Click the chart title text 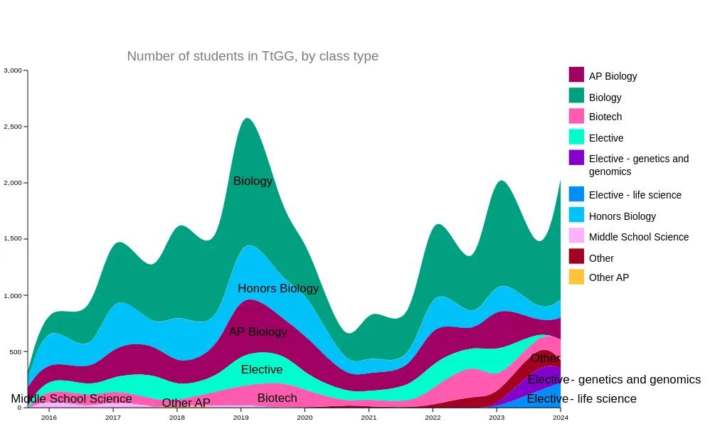coord(253,56)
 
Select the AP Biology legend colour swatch coord(576,75)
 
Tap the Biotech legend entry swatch coord(576,116)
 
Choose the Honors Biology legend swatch coord(576,215)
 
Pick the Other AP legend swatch coord(576,277)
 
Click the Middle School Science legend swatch coord(576,235)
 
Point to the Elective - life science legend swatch coord(576,194)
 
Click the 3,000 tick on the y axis coord(13,70)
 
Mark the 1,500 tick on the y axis coord(13,239)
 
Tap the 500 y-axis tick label coord(16,351)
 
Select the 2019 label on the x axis coord(240,418)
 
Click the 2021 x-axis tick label coord(369,418)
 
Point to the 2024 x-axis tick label coord(560,418)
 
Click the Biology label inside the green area coord(253,181)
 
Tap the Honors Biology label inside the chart coord(278,289)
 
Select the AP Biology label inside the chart coord(258,332)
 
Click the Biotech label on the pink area coord(277,398)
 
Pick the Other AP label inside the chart coord(186,403)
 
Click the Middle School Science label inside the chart coord(71,399)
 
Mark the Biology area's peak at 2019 coord(246,120)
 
